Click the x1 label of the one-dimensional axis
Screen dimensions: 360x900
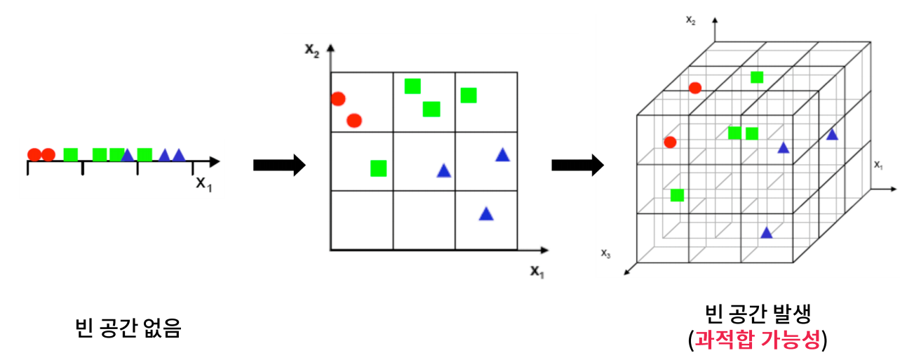coord(203,184)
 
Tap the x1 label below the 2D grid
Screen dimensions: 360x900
coord(537,271)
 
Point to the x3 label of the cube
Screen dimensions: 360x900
coord(605,253)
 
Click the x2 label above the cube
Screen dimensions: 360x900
coord(690,20)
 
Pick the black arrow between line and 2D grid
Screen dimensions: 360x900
coord(278,166)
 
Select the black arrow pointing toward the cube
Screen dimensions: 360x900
coord(577,166)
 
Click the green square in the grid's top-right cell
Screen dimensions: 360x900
coord(469,95)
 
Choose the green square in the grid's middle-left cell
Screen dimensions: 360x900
coord(379,168)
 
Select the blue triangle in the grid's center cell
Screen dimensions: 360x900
coord(443,171)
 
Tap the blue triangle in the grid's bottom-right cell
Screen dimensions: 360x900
coord(486,214)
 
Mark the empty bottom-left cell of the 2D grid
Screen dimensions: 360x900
coord(361,219)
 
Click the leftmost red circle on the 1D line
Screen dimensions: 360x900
coord(34,154)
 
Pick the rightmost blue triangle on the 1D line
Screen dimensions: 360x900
coord(179,154)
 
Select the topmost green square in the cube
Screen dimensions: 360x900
coord(757,77)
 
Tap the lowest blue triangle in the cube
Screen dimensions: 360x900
coord(767,232)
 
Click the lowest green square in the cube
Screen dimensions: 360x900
coord(678,195)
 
